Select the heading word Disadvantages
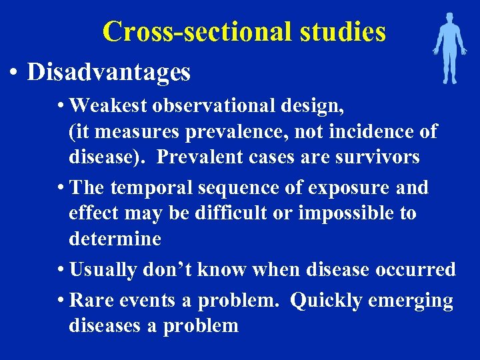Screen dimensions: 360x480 pos(109,72)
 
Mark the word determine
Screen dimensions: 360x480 pos(115,239)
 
